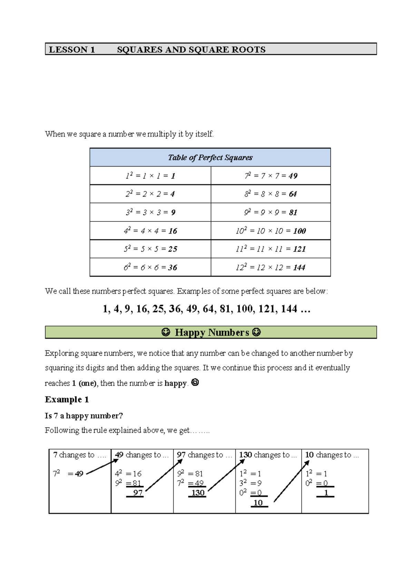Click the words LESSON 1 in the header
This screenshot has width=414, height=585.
click(72, 49)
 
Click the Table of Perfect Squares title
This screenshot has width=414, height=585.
click(210, 158)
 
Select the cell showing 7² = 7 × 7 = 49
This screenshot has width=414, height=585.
click(271, 176)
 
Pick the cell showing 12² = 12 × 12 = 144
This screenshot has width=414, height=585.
click(271, 267)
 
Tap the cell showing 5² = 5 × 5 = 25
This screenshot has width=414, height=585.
click(150, 249)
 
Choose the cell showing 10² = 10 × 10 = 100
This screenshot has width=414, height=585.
click(271, 231)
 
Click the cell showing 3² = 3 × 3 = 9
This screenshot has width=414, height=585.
click(150, 212)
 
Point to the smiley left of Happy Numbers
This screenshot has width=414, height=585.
click(166, 332)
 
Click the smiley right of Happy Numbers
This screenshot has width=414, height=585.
click(256, 332)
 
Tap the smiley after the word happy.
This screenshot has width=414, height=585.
click(195, 383)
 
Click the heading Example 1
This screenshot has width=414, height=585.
click(67, 399)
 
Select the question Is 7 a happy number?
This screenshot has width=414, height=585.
click(84, 416)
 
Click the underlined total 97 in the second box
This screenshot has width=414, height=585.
click(138, 493)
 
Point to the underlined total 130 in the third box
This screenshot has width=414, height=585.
click(198, 493)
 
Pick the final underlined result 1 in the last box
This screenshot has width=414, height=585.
click(326, 493)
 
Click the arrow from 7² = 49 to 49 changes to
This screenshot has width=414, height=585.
click(102, 466)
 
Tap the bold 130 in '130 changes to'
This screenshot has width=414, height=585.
click(246, 455)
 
